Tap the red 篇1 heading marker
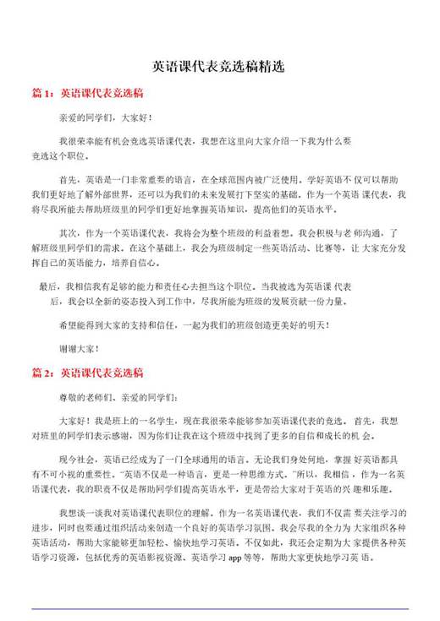tap(42, 93)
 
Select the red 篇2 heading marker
tap(42, 372)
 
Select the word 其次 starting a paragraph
tap(69, 232)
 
